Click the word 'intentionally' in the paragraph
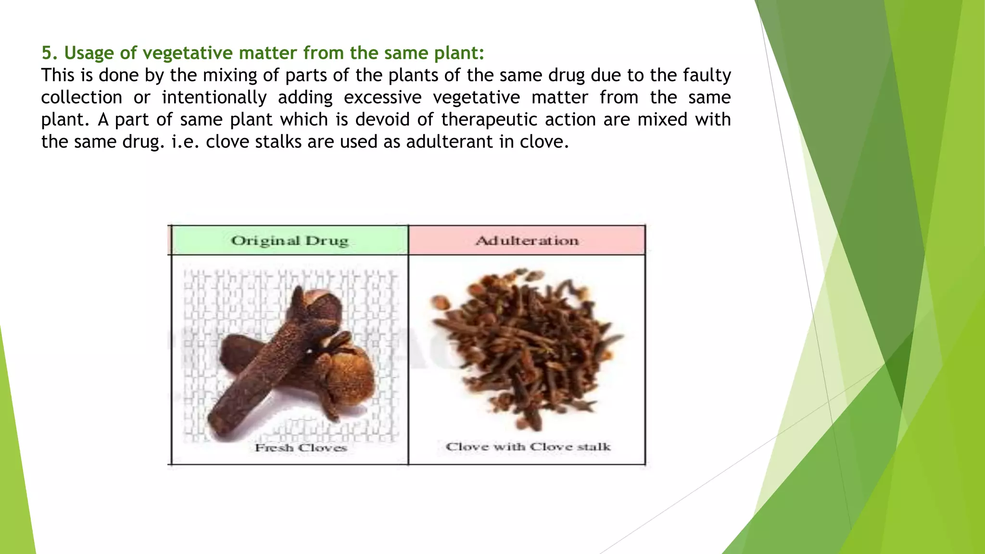[x=214, y=98]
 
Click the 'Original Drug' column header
[x=290, y=240]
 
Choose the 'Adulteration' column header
[x=527, y=240]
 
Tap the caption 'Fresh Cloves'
[x=301, y=448]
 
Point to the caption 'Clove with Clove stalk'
[x=528, y=447]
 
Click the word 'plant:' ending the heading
[x=459, y=53]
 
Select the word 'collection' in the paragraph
[x=82, y=98]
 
